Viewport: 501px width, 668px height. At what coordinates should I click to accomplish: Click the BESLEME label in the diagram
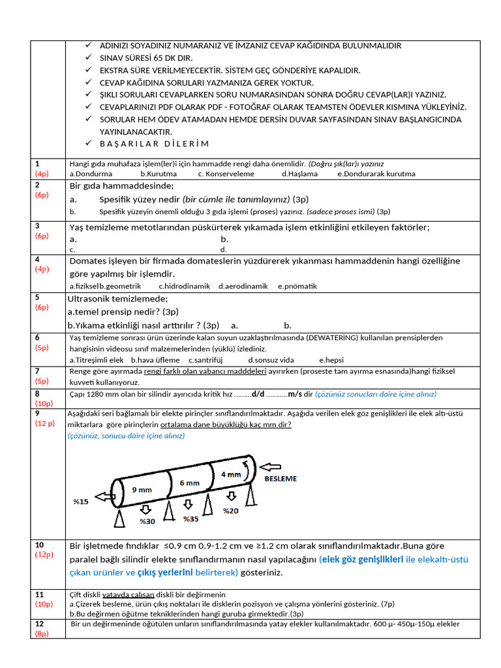point(280,478)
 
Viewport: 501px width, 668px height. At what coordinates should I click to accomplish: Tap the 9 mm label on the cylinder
point(142,489)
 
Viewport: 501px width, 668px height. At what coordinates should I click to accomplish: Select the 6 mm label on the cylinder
point(189,483)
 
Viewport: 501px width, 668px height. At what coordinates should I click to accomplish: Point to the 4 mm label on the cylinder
point(230,474)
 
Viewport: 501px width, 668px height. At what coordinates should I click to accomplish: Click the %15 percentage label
point(80,502)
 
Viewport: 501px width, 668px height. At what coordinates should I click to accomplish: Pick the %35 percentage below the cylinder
point(190,519)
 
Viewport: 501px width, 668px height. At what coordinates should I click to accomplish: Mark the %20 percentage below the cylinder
point(231,511)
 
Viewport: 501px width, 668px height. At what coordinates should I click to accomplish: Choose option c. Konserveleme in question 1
point(226,174)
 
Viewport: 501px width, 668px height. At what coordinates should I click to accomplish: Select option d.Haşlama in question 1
point(299,174)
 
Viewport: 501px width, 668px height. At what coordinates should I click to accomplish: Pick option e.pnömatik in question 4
point(297,286)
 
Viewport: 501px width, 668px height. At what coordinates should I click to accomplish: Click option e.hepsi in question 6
point(331,359)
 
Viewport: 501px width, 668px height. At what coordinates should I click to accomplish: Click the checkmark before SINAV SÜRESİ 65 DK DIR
point(89,58)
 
